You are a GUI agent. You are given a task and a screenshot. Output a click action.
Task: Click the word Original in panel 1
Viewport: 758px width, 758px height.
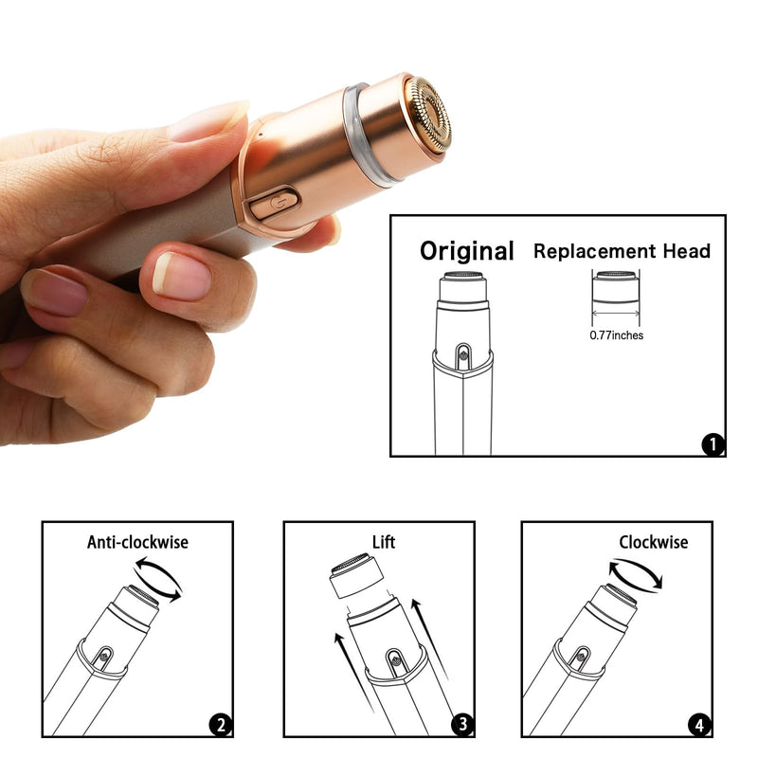coord(467,251)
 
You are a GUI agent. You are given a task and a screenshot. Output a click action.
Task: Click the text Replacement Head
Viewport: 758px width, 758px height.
coord(622,251)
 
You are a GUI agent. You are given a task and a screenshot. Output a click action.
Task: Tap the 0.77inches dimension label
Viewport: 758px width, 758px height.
coord(617,335)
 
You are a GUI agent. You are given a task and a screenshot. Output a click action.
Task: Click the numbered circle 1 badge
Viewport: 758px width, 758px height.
coord(712,443)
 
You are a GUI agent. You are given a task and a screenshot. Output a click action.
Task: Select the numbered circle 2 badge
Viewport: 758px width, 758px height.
coord(220,726)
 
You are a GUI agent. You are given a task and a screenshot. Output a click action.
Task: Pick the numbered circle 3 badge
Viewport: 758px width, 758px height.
coord(461,726)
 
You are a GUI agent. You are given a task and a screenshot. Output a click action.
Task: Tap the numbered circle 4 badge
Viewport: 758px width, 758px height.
coord(699,726)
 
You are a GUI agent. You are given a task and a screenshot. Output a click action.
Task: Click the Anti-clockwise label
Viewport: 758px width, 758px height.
coord(137,542)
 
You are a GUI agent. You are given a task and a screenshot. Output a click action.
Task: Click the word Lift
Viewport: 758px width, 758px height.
coord(384,542)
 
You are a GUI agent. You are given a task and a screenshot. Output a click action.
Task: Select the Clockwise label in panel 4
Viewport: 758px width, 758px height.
coord(654,542)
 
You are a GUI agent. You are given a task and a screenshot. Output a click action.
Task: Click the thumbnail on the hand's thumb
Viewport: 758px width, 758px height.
coord(181,276)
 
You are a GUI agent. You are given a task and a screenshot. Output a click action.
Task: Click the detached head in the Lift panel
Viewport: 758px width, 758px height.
coord(356,579)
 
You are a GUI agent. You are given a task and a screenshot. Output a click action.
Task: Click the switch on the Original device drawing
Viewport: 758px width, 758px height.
coord(461,354)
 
